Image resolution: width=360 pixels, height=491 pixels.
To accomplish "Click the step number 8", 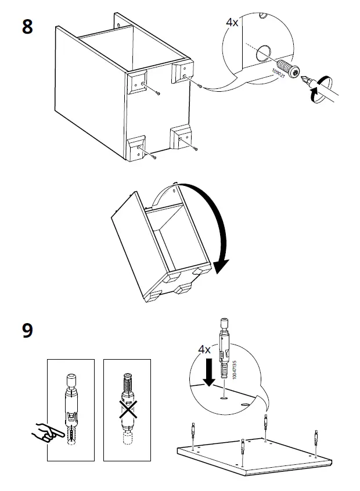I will [27, 27].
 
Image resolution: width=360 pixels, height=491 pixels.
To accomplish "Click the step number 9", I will [27, 330].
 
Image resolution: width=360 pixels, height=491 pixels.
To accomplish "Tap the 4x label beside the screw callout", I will [232, 22].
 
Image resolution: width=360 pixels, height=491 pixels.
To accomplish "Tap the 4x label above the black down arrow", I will [204, 349].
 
